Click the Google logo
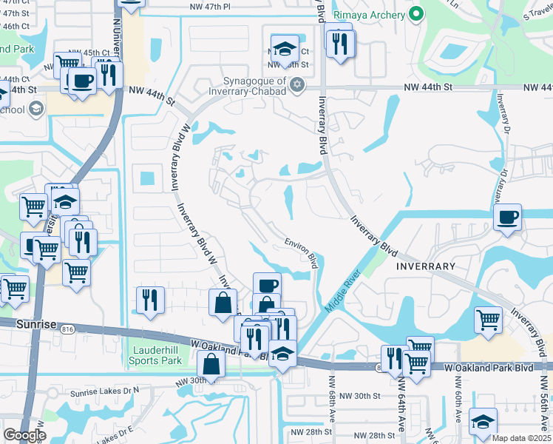[x=24, y=435]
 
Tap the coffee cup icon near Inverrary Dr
[x=507, y=218]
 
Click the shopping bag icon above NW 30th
[x=211, y=363]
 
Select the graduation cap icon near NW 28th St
[x=483, y=421]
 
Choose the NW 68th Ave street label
[x=329, y=400]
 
